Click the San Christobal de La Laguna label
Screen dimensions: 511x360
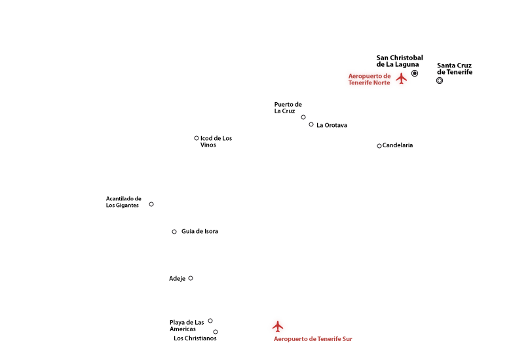click(x=400, y=61)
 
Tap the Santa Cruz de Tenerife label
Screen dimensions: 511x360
click(x=455, y=69)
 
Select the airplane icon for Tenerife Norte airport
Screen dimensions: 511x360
click(x=402, y=78)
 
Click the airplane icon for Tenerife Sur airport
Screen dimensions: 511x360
click(x=278, y=326)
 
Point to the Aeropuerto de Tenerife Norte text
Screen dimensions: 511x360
click(x=369, y=79)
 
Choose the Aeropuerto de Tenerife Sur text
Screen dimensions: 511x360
click(x=313, y=339)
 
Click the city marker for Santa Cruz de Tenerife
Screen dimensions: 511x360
click(x=440, y=81)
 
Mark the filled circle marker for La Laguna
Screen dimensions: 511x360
click(x=415, y=73)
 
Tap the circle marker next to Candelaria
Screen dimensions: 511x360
click(x=379, y=146)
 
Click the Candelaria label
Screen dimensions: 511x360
click(x=398, y=145)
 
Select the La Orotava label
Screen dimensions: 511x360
click(x=331, y=125)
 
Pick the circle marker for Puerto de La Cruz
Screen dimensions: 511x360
click(x=303, y=117)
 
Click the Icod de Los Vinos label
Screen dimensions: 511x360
click(x=216, y=141)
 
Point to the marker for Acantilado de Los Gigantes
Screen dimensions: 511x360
click(x=151, y=204)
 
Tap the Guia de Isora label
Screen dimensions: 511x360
click(x=200, y=231)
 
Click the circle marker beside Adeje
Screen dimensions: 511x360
click(x=191, y=278)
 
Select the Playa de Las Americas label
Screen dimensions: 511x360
click(x=187, y=325)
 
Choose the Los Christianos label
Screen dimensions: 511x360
click(x=195, y=338)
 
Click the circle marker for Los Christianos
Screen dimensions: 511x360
click(x=216, y=332)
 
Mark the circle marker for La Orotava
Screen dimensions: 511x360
click(x=311, y=124)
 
